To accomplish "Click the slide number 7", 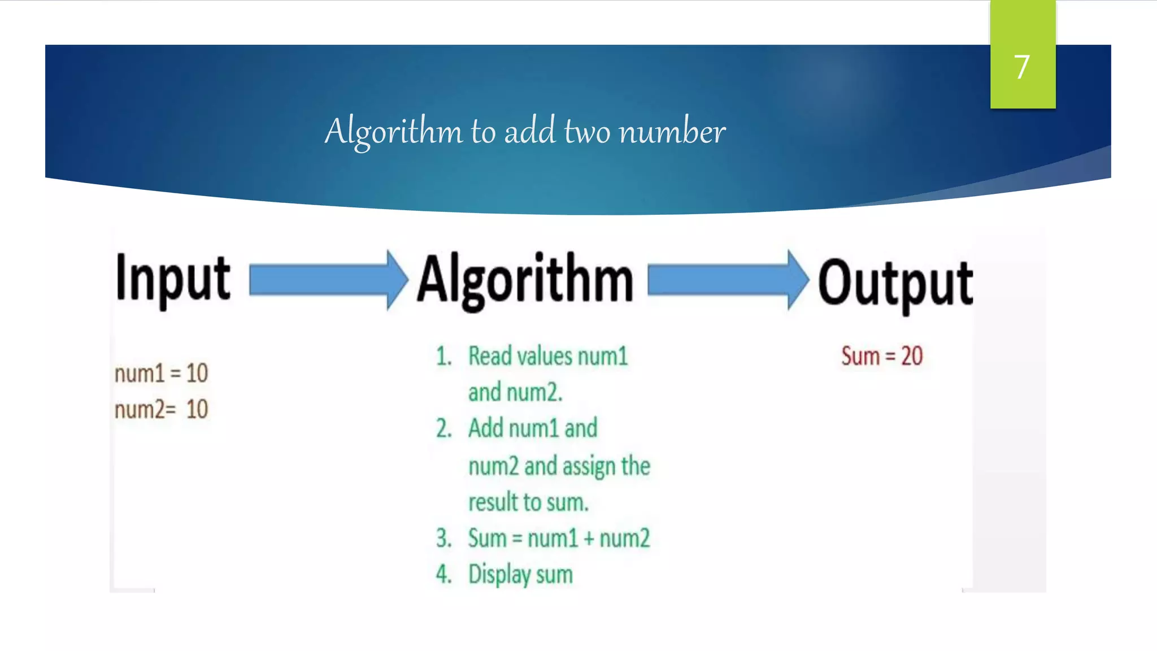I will (1021, 67).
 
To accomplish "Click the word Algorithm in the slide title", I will (393, 132).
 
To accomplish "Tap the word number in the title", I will (672, 132).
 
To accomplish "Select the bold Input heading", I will (173, 279).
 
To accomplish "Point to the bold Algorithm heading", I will (525, 281).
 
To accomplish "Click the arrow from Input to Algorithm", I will (328, 280).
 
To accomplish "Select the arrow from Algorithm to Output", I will (728, 280).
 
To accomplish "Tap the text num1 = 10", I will (161, 374).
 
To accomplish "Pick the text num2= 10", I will (161, 409).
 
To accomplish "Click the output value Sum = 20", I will (881, 356).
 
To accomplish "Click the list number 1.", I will (443, 357).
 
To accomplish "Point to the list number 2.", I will (443, 428).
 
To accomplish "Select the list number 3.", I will (443, 538).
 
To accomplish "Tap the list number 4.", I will (443, 574).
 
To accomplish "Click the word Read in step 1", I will (490, 357).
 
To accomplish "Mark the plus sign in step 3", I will (589, 539).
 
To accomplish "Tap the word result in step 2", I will (493, 502).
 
